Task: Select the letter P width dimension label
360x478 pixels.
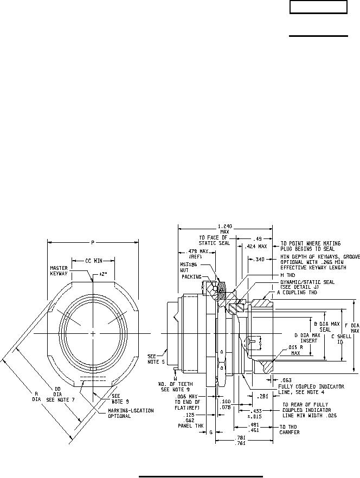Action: [x=94, y=242]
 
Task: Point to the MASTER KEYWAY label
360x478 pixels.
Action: [x=58, y=270]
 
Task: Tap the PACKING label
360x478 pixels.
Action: [x=191, y=276]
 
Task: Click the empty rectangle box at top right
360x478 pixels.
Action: [x=318, y=8]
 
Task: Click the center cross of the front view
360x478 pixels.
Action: [x=94, y=333]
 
